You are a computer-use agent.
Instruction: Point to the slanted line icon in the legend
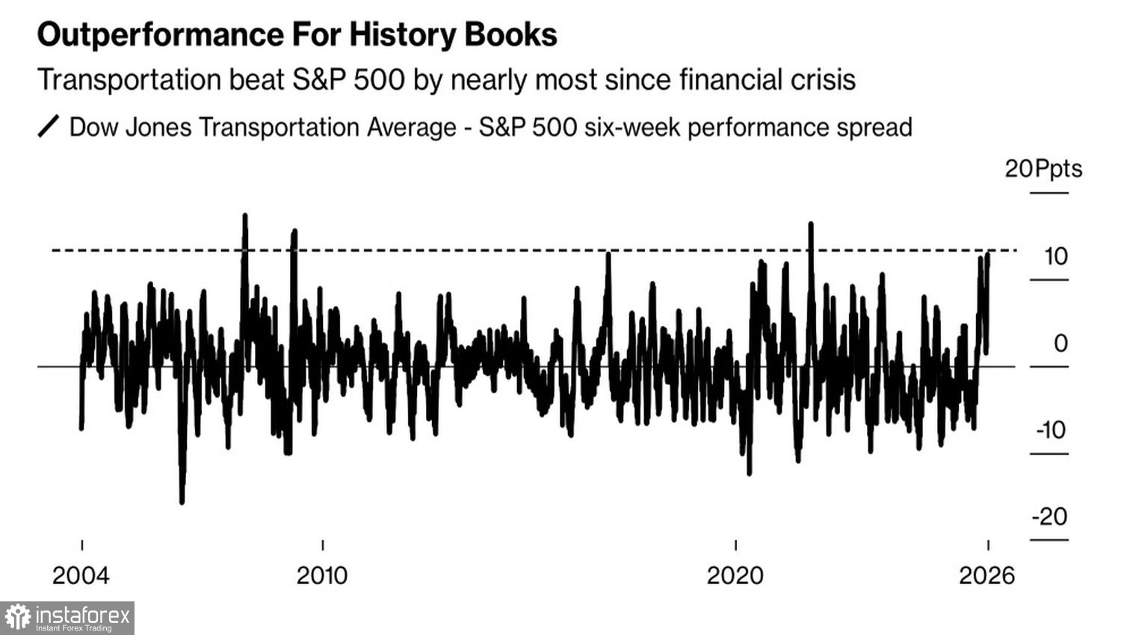coord(48,127)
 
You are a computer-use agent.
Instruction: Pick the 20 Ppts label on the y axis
coord(1043,169)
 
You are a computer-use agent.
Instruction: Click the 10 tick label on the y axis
coord(1055,257)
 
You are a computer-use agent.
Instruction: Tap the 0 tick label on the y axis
coord(1060,344)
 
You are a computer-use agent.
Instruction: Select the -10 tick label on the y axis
coord(1051,430)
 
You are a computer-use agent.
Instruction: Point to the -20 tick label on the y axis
coord(1049,517)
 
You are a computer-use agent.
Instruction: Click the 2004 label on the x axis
coord(81,575)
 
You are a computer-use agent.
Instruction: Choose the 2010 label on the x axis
coord(322,575)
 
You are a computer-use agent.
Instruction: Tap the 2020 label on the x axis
coord(735,575)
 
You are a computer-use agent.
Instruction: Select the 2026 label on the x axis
coord(987,575)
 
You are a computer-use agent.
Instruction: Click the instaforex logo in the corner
coord(67,618)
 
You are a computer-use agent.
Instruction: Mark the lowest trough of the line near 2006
coord(182,502)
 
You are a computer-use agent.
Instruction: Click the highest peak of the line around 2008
coord(244,216)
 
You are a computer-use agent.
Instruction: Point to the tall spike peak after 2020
coord(811,223)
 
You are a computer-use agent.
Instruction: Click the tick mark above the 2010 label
coord(322,545)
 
